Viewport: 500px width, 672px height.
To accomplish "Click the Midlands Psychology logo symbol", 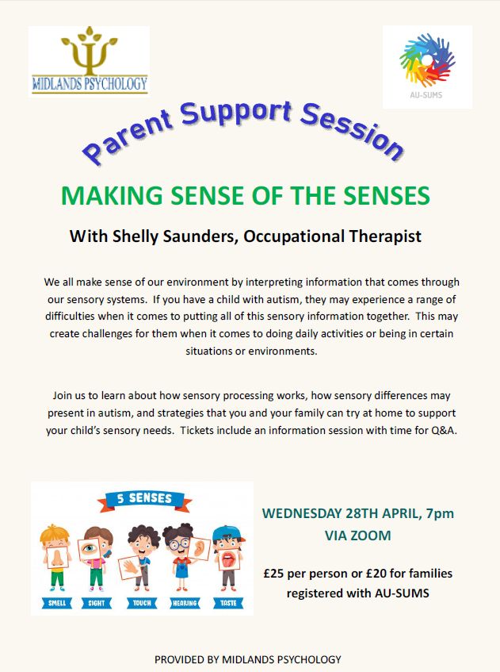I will (89, 54).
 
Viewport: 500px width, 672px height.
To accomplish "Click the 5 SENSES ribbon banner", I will (143, 500).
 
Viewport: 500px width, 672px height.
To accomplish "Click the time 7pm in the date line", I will (441, 513).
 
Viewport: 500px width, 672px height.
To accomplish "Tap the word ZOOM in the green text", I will (371, 536).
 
